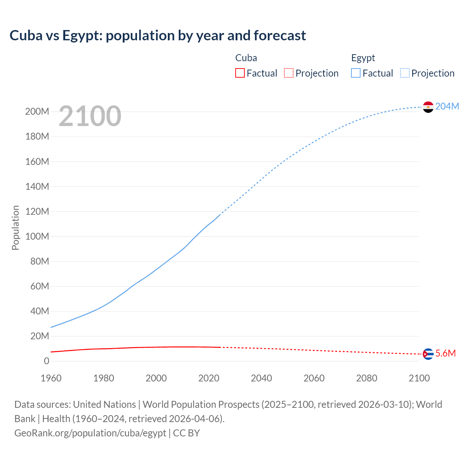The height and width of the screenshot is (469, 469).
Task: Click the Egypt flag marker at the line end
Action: [428, 107]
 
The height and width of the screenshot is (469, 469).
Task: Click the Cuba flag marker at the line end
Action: [428, 354]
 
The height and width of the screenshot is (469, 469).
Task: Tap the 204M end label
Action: [447, 106]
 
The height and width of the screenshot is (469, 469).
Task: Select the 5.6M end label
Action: [446, 353]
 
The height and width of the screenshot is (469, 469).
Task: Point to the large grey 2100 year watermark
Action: [90, 116]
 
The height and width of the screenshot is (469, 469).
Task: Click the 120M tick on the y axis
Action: [37, 211]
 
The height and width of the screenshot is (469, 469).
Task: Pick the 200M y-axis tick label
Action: [37, 111]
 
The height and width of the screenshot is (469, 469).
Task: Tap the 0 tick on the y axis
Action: [46, 361]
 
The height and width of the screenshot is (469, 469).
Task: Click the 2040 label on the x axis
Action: [261, 378]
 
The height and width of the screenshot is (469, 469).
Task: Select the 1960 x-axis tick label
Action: [51, 378]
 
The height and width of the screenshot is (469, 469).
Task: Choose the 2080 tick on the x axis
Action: [366, 378]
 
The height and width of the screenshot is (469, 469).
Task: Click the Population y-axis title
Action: [15, 228]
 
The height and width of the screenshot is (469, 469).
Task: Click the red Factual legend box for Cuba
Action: [240, 73]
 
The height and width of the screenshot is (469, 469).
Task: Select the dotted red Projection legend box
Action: [289, 73]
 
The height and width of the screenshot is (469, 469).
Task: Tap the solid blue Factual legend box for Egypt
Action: [355, 73]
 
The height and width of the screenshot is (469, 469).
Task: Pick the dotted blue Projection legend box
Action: [405, 73]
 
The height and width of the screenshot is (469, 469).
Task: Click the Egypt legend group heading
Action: [363, 58]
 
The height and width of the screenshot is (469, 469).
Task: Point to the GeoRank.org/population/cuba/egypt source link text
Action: [90, 433]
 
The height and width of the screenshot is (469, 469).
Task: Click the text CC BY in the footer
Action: [187, 433]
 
